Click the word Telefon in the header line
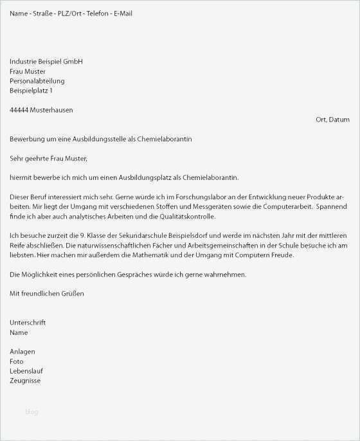(96, 14)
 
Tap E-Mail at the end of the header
(123, 14)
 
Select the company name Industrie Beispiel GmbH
(46, 62)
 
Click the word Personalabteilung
(37, 81)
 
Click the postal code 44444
(19, 110)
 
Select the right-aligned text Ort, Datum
(332, 120)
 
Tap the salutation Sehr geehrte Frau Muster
(48, 158)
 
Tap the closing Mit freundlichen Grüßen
(47, 293)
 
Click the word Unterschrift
(28, 323)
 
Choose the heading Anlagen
(22, 352)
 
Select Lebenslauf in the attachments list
(26, 371)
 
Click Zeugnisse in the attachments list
(25, 381)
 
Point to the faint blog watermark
(32, 411)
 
